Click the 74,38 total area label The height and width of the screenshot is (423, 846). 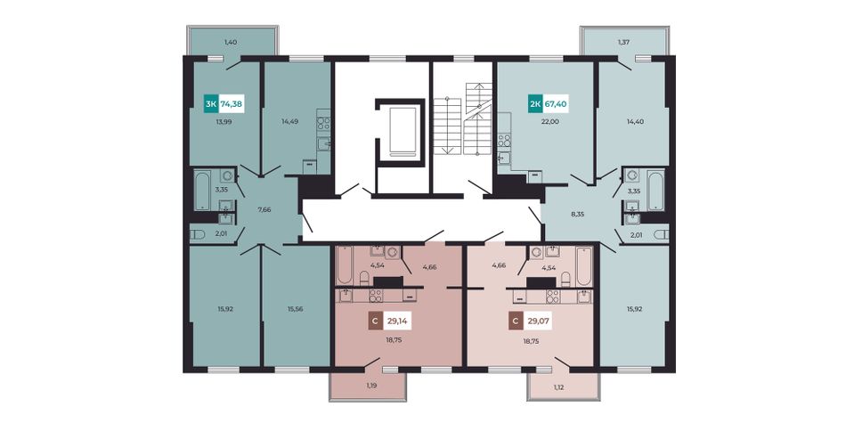232,103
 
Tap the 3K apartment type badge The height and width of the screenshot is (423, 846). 210,103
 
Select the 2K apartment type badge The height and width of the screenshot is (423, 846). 535,103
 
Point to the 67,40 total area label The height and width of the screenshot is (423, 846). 556,103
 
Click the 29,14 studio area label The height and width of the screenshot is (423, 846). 396,322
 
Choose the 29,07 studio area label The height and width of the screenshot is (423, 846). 538,322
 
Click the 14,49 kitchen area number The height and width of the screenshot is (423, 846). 289,122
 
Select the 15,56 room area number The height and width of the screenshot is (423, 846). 295,309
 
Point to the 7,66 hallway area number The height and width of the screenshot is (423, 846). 264,209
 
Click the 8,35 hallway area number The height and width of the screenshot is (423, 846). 577,215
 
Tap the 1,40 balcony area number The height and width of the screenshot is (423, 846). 231,42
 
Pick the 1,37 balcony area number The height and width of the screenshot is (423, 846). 624,42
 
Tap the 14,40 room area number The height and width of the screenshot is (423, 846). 635,122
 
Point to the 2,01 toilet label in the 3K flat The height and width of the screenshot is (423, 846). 221,233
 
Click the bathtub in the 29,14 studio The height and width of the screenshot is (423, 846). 344,265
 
